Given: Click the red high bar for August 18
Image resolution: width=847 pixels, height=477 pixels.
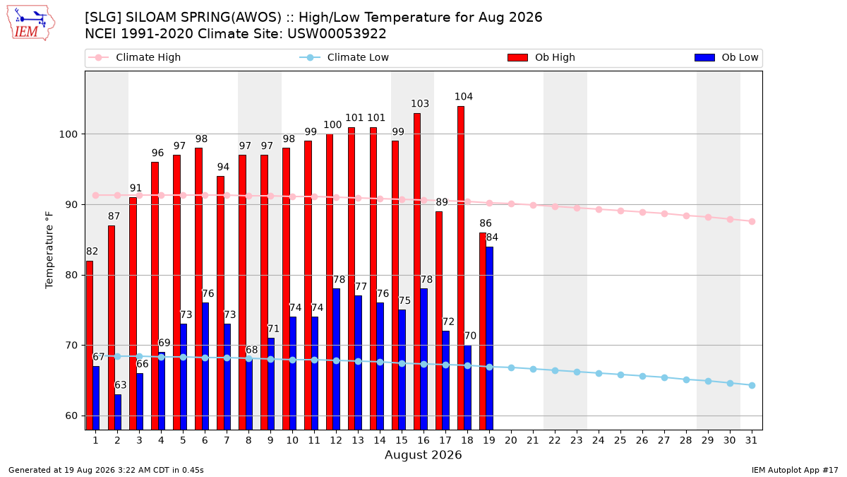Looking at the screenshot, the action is pos(460,268).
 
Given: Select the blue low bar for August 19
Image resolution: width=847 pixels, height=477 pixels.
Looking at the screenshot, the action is pos(489,338).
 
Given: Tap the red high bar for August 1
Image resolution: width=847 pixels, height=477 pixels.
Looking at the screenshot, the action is pos(89,346).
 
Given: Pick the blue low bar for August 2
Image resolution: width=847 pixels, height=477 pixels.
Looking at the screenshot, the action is pos(118,412).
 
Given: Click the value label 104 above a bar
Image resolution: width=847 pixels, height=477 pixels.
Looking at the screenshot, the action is pos(464,97).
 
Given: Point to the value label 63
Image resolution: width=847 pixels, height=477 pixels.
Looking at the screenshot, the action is pos(121,385).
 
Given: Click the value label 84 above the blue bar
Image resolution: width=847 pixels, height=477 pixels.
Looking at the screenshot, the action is pos(492,237).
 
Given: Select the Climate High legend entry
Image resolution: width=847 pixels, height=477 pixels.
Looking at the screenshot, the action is pos(135,57).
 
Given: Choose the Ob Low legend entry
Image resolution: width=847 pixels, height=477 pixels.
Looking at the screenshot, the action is pos(726,57).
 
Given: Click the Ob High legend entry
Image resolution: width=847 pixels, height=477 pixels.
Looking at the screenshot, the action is pos(541,57).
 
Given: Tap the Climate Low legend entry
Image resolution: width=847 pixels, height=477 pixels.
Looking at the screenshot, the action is pos(344,57).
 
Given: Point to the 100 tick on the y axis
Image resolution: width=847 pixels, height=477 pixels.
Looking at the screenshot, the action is pos(68,134).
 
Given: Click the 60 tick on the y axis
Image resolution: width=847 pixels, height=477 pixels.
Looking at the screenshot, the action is pos(71,416).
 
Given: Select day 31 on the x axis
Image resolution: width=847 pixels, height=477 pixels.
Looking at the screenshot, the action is pos(751,440).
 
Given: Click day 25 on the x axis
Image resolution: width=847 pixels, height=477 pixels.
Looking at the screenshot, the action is pos(620,440).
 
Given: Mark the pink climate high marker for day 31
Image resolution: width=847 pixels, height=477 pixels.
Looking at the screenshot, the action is pos(752,221).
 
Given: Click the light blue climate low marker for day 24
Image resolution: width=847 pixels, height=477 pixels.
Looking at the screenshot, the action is pos(599,373).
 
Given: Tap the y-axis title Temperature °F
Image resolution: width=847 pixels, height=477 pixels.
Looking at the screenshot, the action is pos(49,250).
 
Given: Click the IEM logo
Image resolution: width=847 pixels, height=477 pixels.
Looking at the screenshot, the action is pos(31,23).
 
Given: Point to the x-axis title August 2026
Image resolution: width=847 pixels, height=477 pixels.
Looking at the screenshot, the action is pos(423,454).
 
